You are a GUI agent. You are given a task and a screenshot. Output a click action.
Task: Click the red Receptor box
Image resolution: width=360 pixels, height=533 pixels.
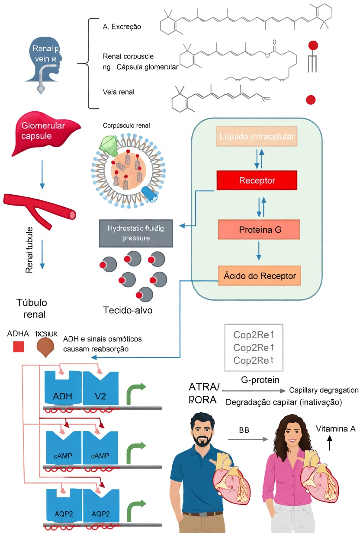(x=257, y=180)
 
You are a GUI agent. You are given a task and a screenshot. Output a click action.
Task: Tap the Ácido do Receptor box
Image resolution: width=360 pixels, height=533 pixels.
(x=260, y=276)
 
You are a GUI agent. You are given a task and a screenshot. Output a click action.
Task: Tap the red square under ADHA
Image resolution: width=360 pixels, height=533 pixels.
(x=18, y=347)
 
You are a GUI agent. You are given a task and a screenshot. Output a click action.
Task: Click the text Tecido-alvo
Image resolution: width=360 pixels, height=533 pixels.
(x=128, y=310)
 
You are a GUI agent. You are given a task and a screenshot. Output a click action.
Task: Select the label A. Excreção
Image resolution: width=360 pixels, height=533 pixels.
(x=122, y=27)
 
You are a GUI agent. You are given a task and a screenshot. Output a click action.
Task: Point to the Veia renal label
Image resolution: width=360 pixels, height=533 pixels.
(x=119, y=92)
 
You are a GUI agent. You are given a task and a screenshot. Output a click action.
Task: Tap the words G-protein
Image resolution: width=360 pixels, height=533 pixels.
(x=260, y=380)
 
